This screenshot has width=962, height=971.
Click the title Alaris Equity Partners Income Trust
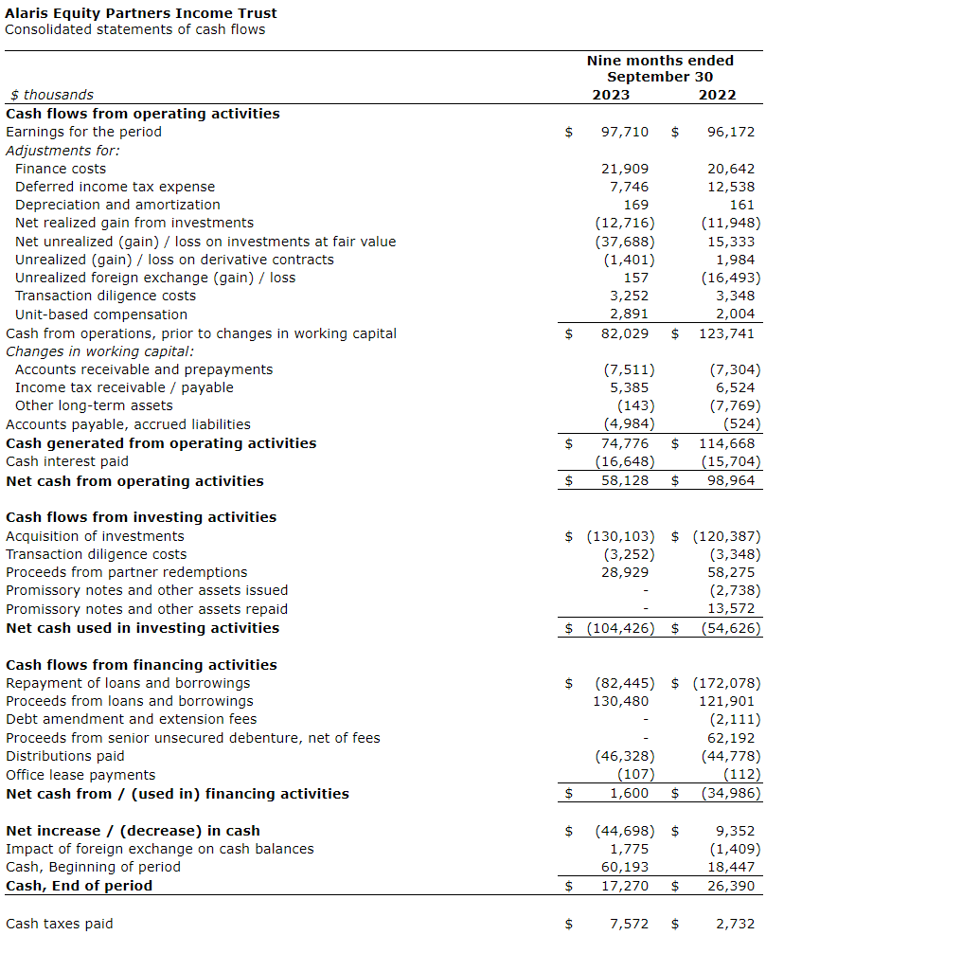coord(141,13)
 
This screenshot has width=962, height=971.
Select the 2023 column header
coord(610,95)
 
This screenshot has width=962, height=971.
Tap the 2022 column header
coord(717,95)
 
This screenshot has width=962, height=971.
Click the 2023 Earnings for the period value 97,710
coord(625,132)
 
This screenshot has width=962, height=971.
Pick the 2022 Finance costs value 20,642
coord(731,169)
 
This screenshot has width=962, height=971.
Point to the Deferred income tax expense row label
coord(115,187)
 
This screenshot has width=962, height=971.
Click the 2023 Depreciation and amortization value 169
coord(636,205)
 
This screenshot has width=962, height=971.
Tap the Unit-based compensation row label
coord(101,315)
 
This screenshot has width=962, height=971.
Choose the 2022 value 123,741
coord(726,333)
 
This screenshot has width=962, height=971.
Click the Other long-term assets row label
coord(94,405)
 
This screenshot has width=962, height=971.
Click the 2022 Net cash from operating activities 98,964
coord(731,481)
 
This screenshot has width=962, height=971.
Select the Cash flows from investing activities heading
coord(141,517)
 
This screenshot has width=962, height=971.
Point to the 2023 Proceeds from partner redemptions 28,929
coord(625,572)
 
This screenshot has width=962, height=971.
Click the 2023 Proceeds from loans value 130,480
coord(621,701)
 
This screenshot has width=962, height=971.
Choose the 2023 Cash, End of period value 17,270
coord(625,886)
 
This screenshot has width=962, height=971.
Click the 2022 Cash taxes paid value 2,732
coord(735,924)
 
